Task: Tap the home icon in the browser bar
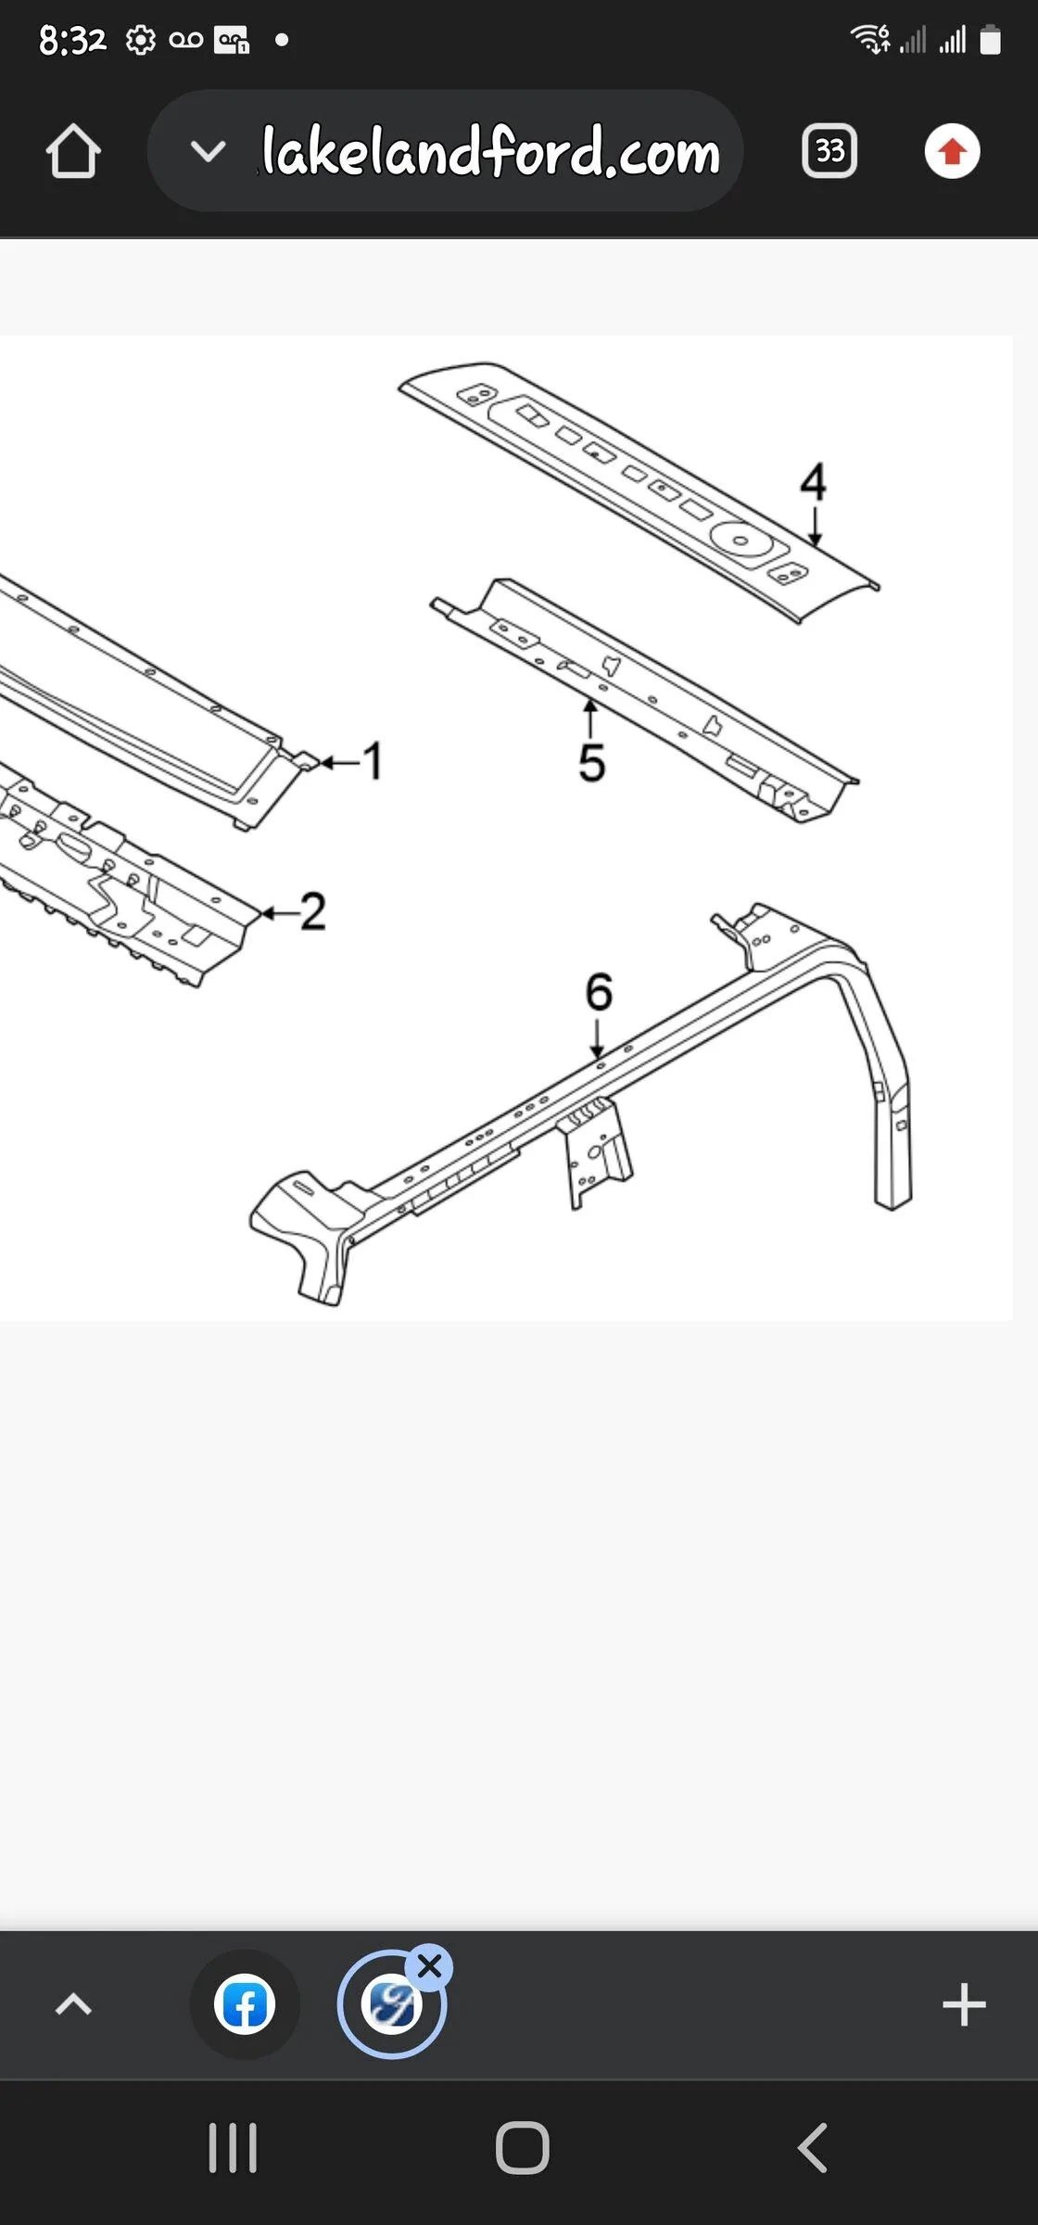[x=73, y=151]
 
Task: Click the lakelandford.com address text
[x=490, y=151]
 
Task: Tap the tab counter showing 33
[x=829, y=151]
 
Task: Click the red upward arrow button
[x=952, y=151]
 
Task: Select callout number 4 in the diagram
[x=813, y=482]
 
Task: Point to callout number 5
[x=591, y=763]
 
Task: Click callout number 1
[x=373, y=761]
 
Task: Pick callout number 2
[x=313, y=911]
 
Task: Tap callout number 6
[x=599, y=991]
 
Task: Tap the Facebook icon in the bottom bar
[x=245, y=2004]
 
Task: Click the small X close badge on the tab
[x=429, y=1966]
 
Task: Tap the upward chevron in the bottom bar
[x=73, y=2004]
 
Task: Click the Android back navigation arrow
[x=812, y=2147]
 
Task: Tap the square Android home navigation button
[x=523, y=2147]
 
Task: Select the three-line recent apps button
[x=233, y=2147]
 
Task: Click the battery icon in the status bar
[x=990, y=40]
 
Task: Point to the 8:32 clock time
[x=72, y=40]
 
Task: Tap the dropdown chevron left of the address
[x=208, y=151]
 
